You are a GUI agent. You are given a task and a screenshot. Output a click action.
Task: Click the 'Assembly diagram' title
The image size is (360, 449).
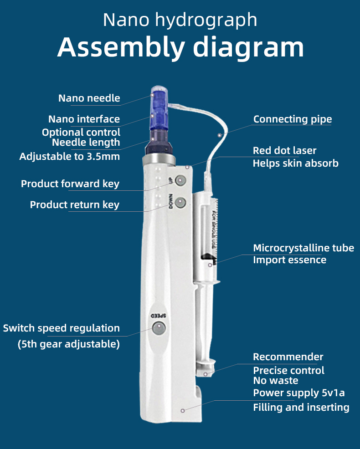[180, 48]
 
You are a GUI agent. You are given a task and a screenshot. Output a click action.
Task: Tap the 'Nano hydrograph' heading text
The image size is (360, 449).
[180, 20]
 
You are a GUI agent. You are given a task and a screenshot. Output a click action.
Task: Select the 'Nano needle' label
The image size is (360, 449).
[89, 98]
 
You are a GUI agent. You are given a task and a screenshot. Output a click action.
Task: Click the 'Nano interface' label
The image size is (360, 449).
[84, 119]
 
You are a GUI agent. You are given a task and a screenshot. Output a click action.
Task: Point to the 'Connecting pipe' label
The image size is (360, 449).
[293, 119]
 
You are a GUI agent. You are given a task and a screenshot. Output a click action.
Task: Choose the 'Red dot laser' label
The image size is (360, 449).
[285, 151]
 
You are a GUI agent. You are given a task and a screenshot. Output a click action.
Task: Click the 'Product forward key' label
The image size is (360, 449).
[70, 184]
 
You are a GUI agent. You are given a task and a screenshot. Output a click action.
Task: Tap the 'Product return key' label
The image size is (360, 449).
[75, 205]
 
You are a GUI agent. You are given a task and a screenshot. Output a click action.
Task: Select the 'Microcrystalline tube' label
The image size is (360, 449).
[303, 248]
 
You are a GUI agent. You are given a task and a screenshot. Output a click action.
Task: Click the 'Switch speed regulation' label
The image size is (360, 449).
[62, 328]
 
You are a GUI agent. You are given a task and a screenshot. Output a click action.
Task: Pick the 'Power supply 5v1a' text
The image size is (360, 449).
[298, 393]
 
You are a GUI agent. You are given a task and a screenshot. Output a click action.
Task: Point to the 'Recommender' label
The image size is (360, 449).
[288, 357]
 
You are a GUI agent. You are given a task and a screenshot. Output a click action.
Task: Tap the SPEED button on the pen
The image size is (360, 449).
[159, 327]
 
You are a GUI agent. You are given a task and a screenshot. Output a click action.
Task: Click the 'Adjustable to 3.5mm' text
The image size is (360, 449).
[70, 157]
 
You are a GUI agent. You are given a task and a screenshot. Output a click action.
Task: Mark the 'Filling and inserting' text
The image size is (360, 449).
[301, 408]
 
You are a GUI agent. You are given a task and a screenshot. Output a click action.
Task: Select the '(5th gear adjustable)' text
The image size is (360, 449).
[69, 344]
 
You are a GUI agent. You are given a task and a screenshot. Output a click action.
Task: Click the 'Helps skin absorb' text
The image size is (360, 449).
[295, 163]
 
